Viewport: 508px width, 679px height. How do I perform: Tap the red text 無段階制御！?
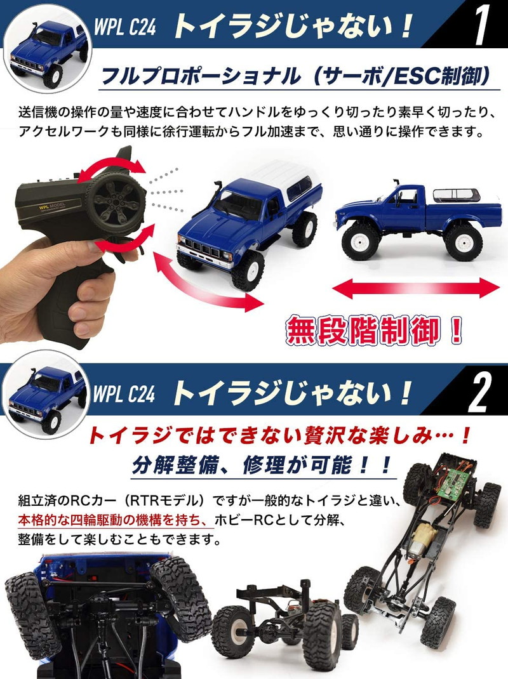[x=375, y=331]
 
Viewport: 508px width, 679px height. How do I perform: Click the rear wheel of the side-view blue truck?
[x=463, y=242]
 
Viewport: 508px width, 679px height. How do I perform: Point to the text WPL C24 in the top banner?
[x=124, y=29]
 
